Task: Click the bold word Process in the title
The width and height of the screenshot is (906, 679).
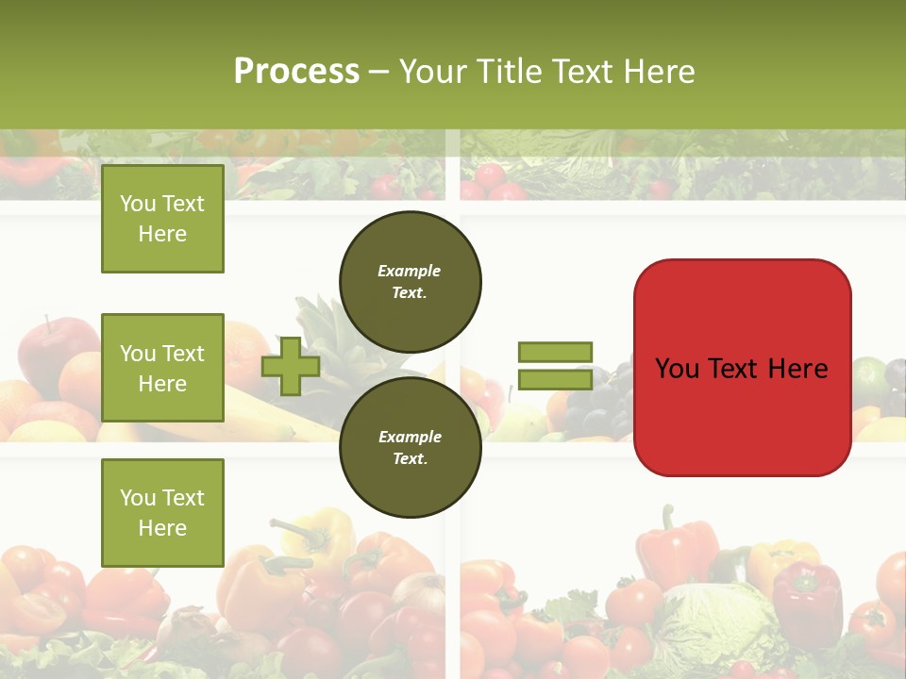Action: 296,72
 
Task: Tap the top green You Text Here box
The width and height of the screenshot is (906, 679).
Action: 162,219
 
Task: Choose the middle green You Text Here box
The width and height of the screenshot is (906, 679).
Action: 162,368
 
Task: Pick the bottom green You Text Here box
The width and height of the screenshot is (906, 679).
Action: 162,513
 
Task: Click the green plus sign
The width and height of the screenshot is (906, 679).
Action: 291,367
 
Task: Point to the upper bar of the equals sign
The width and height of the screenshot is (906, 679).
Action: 556,352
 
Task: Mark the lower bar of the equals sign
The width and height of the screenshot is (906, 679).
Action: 556,379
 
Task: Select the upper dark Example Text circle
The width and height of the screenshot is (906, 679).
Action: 411,281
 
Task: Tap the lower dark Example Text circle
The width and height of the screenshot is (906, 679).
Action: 411,448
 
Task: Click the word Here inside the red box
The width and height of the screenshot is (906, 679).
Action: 797,369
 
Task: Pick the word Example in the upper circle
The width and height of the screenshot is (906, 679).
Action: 410,271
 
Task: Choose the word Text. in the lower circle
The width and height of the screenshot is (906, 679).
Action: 410,459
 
